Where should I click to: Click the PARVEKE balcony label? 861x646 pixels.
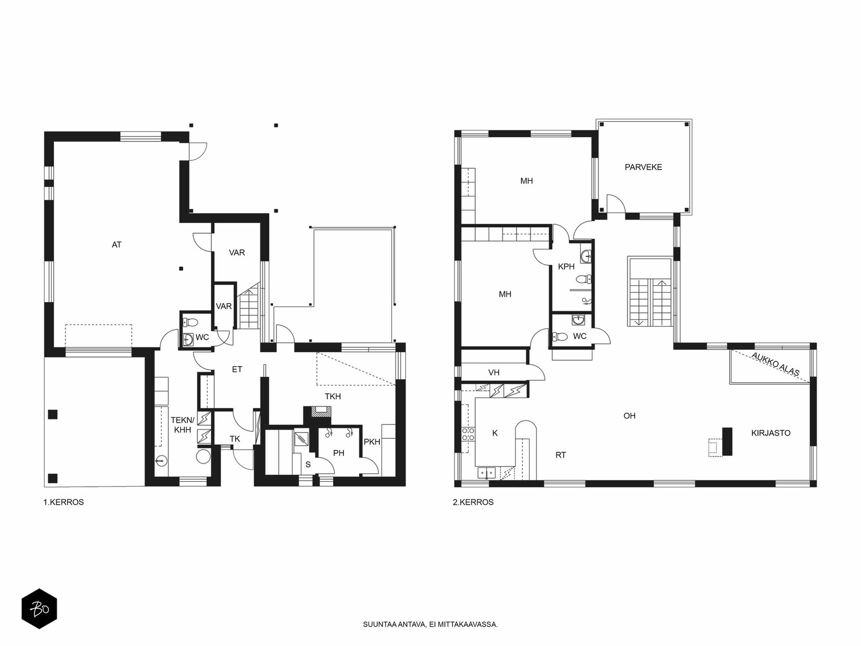[x=643, y=167]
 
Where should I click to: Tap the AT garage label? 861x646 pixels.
[x=116, y=245]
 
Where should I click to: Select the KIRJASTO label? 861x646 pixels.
[x=771, y=433]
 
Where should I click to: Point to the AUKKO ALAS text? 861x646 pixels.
[x=775, y=364]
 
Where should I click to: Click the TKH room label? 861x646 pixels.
[x=333, y=397]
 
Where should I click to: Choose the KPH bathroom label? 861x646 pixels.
[x=566, y=266]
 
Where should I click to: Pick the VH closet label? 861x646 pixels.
[x=494, y=373]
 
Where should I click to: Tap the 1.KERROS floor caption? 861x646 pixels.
[x=63, y=502]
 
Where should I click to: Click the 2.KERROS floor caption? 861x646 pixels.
[x=473, y=502]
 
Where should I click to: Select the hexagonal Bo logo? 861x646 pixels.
[x=39, y=609]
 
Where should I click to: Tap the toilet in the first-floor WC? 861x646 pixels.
[x=190, y=322]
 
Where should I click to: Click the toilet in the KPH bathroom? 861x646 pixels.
[x=584, y=279]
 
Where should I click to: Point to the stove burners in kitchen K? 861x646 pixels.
[x=468, y=434]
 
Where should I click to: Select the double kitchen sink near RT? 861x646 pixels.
[x=486, y=473]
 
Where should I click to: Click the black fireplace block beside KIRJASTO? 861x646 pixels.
[x=728, y=441]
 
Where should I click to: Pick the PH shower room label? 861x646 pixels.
[x=338, y=453]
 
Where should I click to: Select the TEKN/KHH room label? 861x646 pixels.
[x=182, y=425]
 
